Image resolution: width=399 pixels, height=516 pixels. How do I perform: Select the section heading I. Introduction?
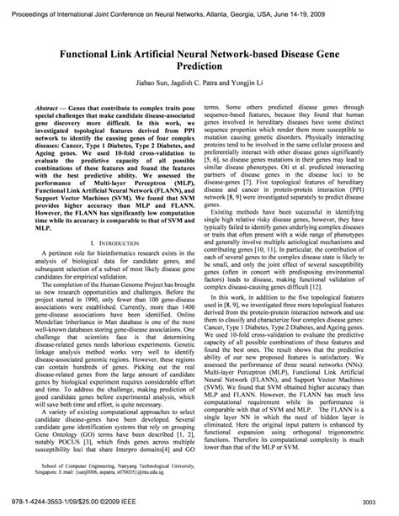pyautogui.click(x=112, y=242)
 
